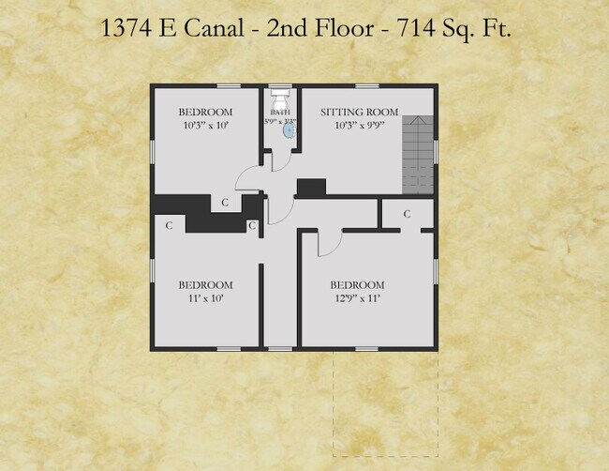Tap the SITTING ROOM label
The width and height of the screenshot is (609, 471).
[359, 113]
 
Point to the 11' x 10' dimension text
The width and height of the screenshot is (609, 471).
[205, 298]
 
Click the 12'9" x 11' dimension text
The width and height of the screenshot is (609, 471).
[357, 298]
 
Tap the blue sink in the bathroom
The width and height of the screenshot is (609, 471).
[289, 133]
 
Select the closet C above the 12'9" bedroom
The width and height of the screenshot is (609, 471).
[407, 214]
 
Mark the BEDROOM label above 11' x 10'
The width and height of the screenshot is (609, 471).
[205, 285]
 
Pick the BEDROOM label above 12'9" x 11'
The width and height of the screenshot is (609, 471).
[357, 285]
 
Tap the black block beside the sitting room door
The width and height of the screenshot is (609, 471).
[310, 188]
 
